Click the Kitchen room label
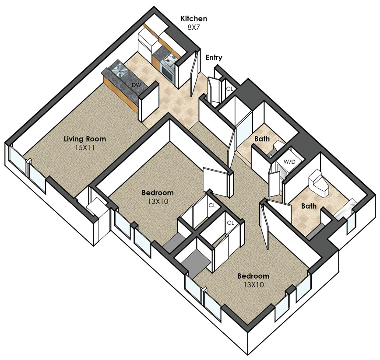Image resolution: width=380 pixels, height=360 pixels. (x=194, y=19)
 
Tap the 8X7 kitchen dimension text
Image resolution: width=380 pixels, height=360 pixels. (x=194, y=27)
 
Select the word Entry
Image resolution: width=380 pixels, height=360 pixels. (x=214, y=58)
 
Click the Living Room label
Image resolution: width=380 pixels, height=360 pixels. (x=85, y=139)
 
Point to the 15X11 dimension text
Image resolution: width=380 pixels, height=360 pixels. (x=84, y=147)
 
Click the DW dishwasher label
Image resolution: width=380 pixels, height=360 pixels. (x=136, y=85)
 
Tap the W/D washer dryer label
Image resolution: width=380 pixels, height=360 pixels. (x=290, y=162)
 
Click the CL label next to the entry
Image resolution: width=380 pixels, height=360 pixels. (x=229, y=89)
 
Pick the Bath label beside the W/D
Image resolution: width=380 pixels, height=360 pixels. (x=262, y=139)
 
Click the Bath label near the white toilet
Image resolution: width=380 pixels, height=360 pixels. (x=309, y=206)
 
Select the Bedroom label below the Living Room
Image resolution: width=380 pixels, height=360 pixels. (x=158, y=193)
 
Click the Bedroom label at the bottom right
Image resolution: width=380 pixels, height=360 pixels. (x=253, y=276)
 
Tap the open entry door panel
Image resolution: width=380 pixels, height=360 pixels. (x=195, y=73)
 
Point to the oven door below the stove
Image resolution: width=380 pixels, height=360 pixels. (x=167, y=72)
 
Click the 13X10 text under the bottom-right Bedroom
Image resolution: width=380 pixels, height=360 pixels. (x=253, y=284)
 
